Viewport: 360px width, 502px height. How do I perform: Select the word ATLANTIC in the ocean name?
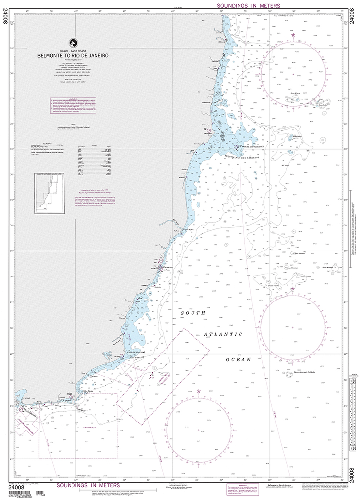click(223, 334)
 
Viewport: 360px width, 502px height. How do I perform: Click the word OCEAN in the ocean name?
click(238, 359)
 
